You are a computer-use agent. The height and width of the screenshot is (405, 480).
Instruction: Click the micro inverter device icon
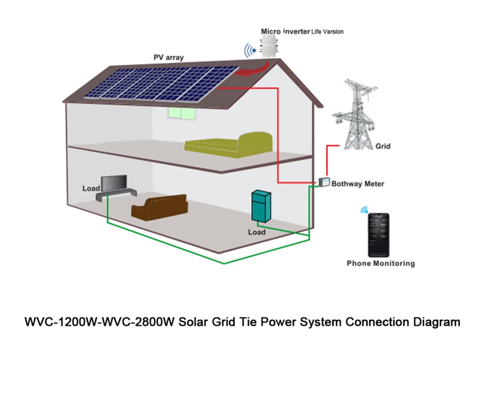pos(269,46)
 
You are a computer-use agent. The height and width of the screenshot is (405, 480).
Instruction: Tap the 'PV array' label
pos(169,57)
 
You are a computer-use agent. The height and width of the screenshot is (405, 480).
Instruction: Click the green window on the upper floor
pos(181,113)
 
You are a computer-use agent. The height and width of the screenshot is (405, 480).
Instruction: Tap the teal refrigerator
pos(261,206)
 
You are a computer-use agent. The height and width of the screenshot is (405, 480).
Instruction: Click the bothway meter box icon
pos(324,182)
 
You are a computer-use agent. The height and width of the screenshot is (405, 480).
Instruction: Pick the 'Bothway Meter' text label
pos(358,184)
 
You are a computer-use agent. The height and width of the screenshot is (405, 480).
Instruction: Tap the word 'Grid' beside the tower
pos(383,146)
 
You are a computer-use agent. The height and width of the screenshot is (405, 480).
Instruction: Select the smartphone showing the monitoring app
pos(379,235)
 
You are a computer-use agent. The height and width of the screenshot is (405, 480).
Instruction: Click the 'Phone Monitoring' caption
pos(381,263)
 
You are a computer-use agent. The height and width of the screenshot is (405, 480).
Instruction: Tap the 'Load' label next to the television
pos(91,188)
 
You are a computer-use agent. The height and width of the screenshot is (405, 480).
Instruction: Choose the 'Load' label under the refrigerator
pos(256,232)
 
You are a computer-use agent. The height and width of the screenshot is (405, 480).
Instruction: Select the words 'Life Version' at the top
pos(327,31)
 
